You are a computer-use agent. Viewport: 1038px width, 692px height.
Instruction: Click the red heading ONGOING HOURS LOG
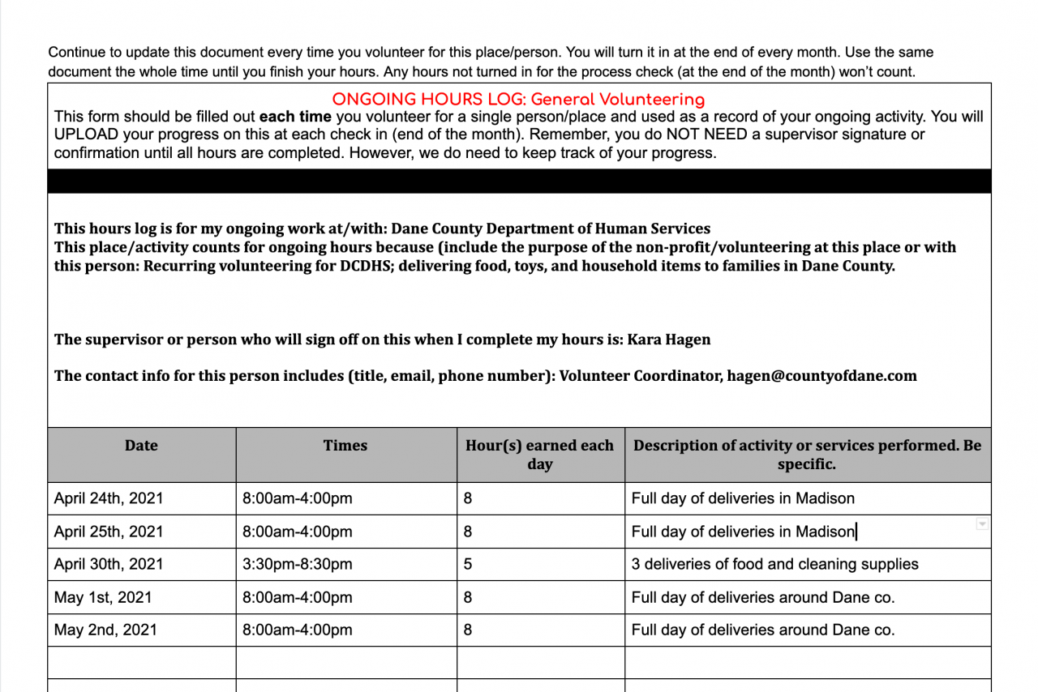[518, 100]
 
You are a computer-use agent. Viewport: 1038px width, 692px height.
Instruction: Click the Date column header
[141, 446]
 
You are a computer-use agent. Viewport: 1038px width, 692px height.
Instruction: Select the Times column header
[345, 446]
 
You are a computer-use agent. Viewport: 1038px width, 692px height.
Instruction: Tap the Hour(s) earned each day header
[539, 455]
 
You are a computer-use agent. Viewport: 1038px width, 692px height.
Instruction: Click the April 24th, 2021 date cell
[108, 498]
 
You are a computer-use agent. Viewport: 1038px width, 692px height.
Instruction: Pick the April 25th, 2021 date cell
[108, 532]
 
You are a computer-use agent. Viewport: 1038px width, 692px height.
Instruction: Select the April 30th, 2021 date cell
[108, 564]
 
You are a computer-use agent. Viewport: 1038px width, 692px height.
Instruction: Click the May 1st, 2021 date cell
[103, 597]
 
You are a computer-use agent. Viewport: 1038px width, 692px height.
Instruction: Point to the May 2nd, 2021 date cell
[105, 630]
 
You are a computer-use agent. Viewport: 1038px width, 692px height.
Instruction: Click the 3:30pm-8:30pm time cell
[298, 564]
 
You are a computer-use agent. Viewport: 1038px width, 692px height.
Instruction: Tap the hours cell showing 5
[468, 564]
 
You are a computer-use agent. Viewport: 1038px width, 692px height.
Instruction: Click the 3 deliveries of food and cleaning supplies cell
[774, 564]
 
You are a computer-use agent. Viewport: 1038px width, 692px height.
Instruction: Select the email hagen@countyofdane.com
[821, 375]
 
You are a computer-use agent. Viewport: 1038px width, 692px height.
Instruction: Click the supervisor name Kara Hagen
[669, 340]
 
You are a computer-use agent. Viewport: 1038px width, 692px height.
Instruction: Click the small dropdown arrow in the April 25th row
[982, 524]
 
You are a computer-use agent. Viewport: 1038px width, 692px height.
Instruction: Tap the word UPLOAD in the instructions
[86, 135]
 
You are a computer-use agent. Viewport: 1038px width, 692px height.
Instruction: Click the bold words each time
[295, 117]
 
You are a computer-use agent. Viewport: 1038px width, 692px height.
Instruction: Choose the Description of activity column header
[807, 455]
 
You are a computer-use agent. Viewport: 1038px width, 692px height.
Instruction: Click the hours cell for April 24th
[468, 498]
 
